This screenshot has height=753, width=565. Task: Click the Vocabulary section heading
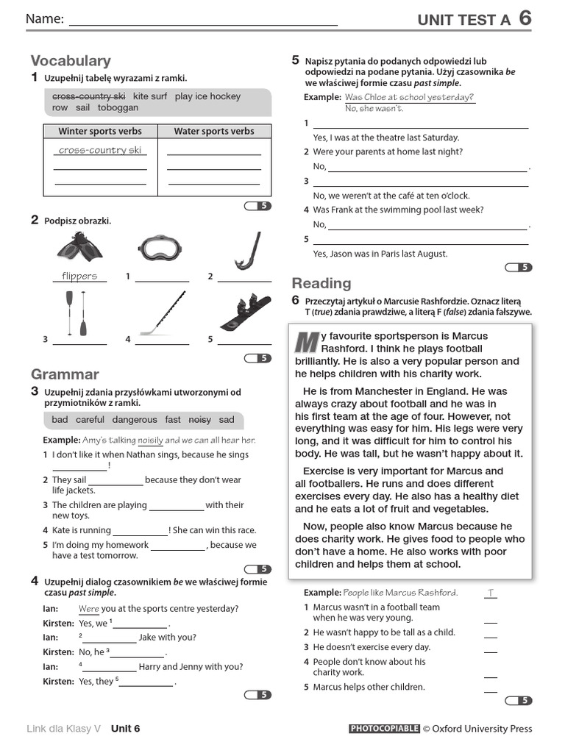pyautogui.click(x=71, y=61)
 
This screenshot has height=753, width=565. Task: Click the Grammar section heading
pyautogui.click(x=65, y=374)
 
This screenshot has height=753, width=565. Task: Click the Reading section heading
pyautogui.click(x=321, y=283)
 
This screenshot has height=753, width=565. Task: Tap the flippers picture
pyautogui.click(x=79, y=249)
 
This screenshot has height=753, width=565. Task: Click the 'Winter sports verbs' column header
pyautogui.click(x=100, y=132)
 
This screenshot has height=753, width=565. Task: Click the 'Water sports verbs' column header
pyautogui.click(x=214, y=132)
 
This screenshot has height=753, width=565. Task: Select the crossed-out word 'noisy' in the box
pyautogui.click(x=199, y=420)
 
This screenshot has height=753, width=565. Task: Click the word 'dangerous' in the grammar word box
pyautogui.click(x=134, y=420)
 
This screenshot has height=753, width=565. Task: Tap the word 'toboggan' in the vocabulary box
pyautogui.click(x=118, y=107)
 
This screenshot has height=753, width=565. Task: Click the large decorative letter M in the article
pyautogui.click(x=305, y=342)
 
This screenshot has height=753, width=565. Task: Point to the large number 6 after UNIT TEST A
pyautogui.click(x=525, y=18)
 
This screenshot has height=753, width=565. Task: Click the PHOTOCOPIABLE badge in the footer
pyautogui.click(x=383, y=729)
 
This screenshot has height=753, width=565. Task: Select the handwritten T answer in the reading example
pyautogui.click(x=491, y=593)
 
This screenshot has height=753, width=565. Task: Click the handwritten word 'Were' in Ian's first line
pyautogui.click(x=88, y=609)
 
